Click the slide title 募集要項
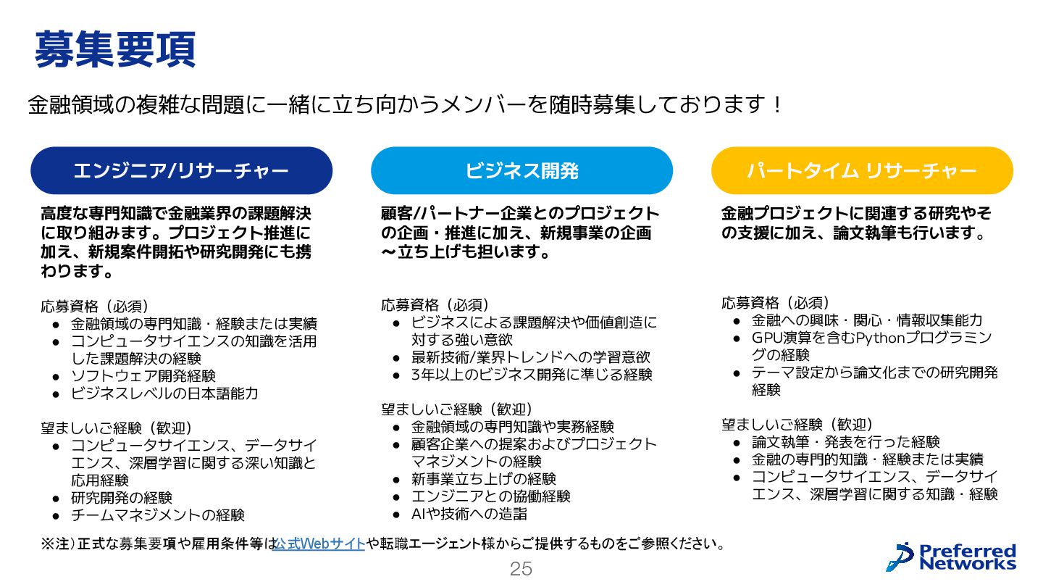(114, 49)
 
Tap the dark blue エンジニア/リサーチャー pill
(181, 171)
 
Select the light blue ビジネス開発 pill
(521, 171)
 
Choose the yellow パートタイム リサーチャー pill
(862, 171)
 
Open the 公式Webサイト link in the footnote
(319, 544)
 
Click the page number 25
(521, 569)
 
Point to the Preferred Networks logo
(952, 557)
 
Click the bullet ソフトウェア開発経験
(143, 376)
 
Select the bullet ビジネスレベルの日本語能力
(164, 394)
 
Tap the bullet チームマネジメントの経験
(158, 515)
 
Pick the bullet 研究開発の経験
(122, 498)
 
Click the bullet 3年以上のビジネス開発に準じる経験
(532, 375)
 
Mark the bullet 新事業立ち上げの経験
(484, 479)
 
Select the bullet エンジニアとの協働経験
(491, 496)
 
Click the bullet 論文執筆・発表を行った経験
(846, 441)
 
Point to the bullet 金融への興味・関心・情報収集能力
(867, 320)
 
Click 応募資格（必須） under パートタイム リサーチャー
(776, 303)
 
